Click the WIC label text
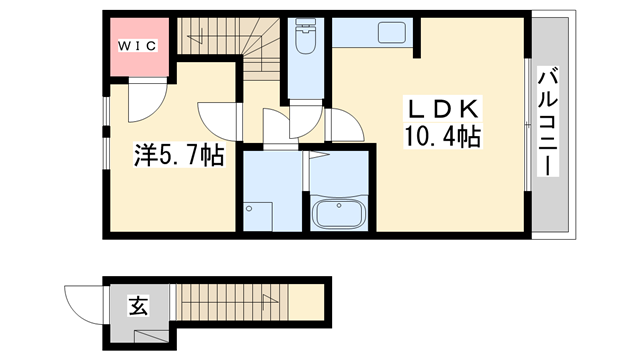pyautogui.click(x=138, y=45)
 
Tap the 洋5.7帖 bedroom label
pyautogui.click(x=179, y=154)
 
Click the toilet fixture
pyautogui.click(x=305, y=42)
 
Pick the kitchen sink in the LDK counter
pyautogui.click(x=390, y=34)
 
